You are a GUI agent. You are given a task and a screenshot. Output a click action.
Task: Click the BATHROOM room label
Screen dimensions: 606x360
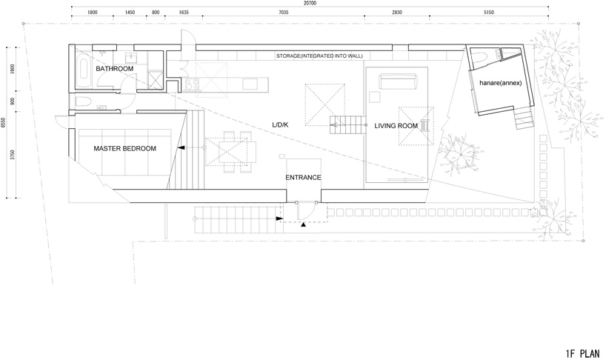(x=114, y=69)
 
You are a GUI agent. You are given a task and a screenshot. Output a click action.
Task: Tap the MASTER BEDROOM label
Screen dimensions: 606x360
(x=125, y=148)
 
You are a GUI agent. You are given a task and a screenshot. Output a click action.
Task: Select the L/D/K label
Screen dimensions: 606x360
(x=280, y=124)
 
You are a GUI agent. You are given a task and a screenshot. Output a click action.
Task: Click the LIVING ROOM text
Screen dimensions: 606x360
(x=396, y=125)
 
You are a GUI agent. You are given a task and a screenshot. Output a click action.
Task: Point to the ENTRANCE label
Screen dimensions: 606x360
(x=303, y=177)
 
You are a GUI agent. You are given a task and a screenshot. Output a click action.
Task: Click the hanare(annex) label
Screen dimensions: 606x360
(x=501, y=83)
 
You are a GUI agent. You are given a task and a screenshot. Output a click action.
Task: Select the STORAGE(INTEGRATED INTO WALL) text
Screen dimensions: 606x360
(x=319, y=56)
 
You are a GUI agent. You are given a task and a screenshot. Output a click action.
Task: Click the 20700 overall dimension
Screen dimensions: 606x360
(x=310, y=3)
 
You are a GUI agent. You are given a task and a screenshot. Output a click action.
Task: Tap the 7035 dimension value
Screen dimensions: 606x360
(x=283, y=13)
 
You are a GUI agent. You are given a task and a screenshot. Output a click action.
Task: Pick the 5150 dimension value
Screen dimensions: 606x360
(x=489, y=13)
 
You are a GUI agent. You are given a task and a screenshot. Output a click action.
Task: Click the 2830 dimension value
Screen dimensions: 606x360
(x=397, y=13)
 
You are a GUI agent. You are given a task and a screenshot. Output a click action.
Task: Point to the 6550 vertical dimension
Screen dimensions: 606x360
(x=3, y=123)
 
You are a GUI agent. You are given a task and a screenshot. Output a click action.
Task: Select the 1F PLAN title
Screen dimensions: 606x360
(x=582, y=353)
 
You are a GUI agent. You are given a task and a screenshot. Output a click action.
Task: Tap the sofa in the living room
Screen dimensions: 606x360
(x=399, y=81)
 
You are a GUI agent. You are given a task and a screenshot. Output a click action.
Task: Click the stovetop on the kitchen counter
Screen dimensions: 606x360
(x=192, y=84)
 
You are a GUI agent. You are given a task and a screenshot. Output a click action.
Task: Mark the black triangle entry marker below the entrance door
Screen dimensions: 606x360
(x=304, y=224)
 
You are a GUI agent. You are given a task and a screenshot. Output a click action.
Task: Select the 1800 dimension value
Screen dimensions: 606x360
(x=93, y=13)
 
